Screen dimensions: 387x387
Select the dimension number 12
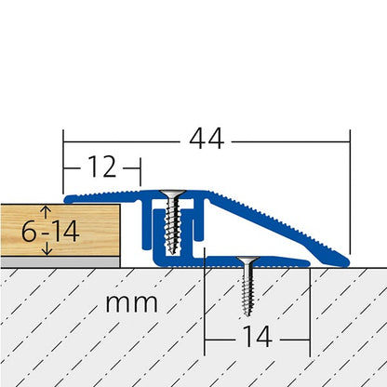pos(104,167)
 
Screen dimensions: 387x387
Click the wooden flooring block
pos(93,230)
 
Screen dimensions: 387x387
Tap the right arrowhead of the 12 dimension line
pos(136,167)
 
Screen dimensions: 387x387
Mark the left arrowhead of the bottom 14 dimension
pos(207,334)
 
